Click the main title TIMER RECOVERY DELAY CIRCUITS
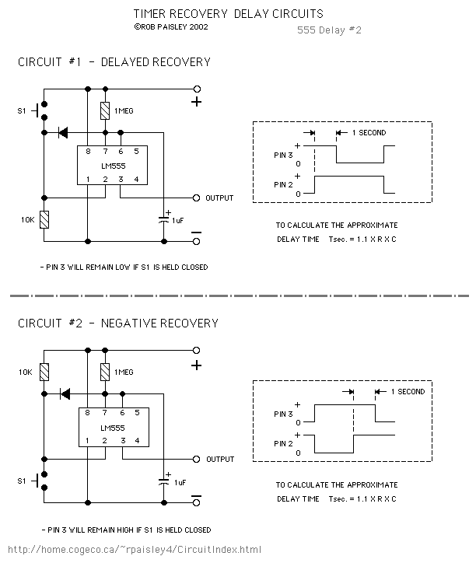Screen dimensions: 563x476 (228, 14)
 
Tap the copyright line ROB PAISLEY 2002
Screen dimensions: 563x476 (171, 26)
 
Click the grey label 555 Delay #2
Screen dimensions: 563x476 (329, 30)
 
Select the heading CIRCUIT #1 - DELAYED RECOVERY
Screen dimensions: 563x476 (114, 62)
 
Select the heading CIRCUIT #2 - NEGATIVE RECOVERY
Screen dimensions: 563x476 (118, 323)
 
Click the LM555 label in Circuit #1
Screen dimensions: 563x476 (118, 165)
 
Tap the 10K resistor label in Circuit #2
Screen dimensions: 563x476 (26, 372)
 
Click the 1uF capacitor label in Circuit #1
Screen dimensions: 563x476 (179, 221)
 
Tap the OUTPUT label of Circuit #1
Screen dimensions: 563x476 (219, 198)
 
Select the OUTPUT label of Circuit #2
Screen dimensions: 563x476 (219, 460)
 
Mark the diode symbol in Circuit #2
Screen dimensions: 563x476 (65, 393)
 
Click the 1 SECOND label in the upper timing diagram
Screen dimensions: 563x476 (369, 133)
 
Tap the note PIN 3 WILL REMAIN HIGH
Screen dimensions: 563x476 (125, 530)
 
